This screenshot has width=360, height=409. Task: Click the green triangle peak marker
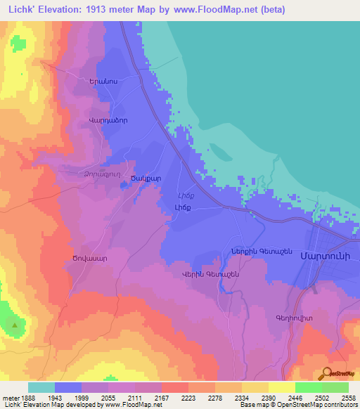pos(13,325)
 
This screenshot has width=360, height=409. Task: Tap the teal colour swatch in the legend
pos(41,387)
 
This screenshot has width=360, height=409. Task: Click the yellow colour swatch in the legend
pos(281,387)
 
